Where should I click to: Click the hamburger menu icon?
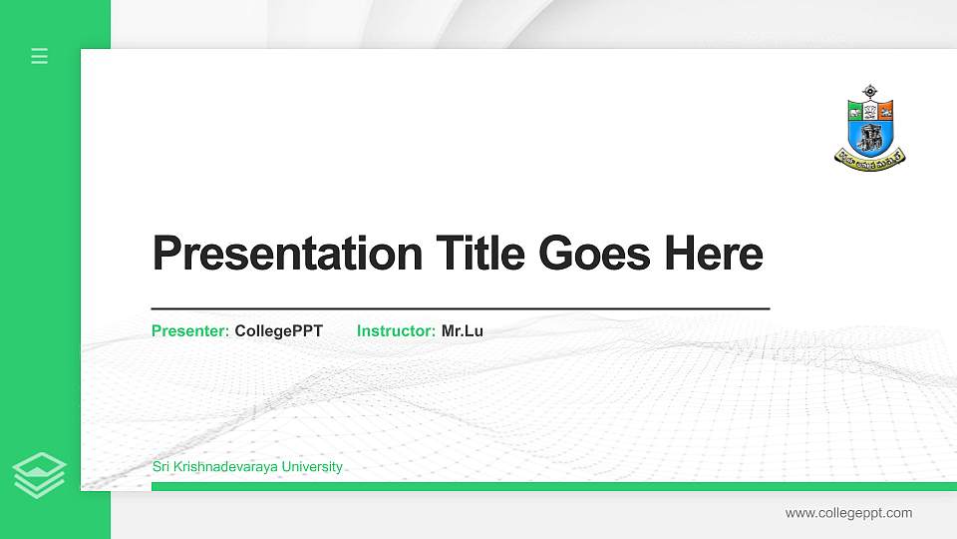[x=40, y=56]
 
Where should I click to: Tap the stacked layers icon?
[x=39, y=475]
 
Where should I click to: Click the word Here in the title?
[x=714, y=254]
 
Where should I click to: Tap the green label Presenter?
[x=190, y=330]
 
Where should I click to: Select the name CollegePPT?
[x=279, y=330]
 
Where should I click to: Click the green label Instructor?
[x=396, y=330]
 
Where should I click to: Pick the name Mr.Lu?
[x=463, y=330]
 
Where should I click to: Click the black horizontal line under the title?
[x=461, y=309]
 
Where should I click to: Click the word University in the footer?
[x=312, y=467]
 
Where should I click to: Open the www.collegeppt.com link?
[x=848, y=513]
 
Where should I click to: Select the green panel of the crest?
[x=855, y=110]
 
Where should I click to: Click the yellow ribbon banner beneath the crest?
[x=869, y=156]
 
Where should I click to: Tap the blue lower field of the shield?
[x=869, y=135]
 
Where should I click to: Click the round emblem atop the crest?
[x=869, y=93]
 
